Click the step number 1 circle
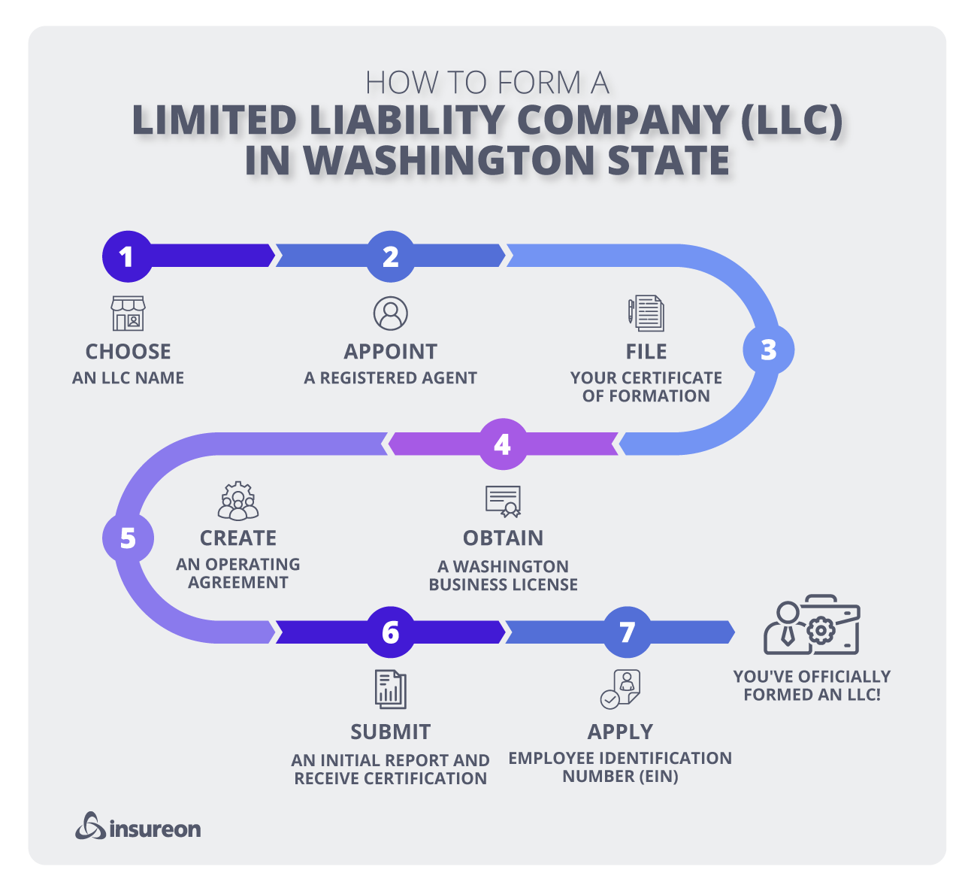(127, 256)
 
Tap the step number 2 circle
(390, 256)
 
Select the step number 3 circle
(768, 350)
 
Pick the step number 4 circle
(502, 444)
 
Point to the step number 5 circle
(128, 538)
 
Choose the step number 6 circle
(390, 632)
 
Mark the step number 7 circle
(627, 632)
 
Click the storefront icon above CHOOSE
(128, 314)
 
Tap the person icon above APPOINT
(390, 314)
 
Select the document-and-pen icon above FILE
(646, 314)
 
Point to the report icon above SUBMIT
(390, 689)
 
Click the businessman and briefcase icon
(812, 626)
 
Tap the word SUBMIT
(391, 732)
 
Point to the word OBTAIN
(503, 538)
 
